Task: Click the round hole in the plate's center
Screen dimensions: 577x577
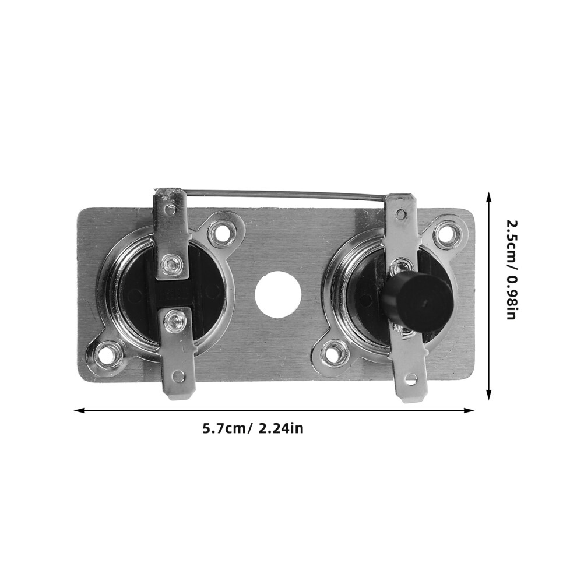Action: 278,295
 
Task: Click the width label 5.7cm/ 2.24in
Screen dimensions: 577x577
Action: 253,428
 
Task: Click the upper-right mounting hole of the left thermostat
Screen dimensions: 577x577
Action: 222,232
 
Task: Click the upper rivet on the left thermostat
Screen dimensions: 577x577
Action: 170,263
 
